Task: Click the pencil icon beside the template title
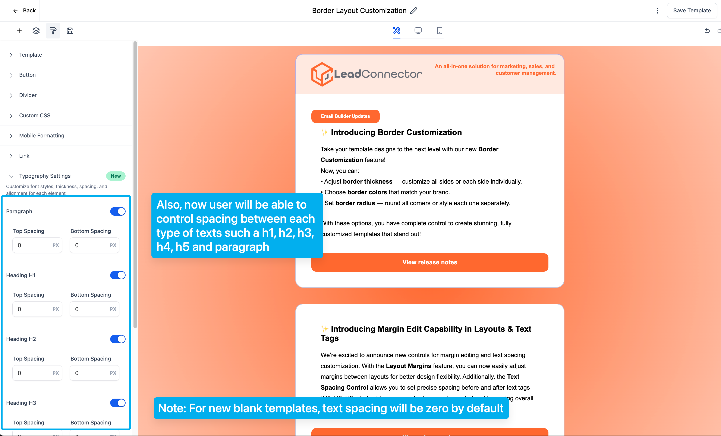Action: tap(413, 10)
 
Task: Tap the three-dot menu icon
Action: tap(657, 10)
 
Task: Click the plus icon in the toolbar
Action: tap(19, 31)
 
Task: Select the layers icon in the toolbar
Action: tap(36, 31)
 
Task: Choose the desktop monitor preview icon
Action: tap(418, 30)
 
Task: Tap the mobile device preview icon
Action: tap(440, 30)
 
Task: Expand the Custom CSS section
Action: tap(35, 115)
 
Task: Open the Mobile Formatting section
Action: tap(42, 136)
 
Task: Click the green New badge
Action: tap(116, 176)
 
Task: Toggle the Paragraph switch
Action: tap(118, 211)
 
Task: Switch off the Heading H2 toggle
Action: tap(118, 339)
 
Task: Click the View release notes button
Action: tap(429, 262)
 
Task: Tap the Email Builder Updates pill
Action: tap(345, 116)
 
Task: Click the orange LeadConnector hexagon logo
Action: tap(322, 74)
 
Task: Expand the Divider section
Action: tap(28, 95)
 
